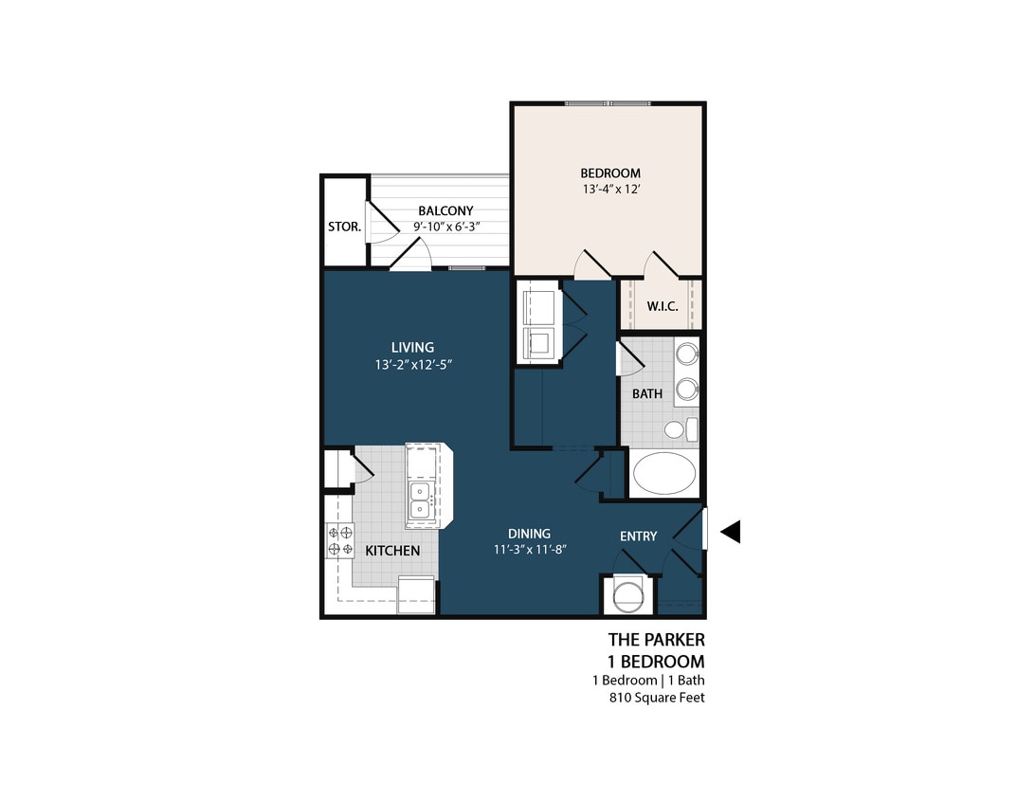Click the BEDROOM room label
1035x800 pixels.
pos(610,173)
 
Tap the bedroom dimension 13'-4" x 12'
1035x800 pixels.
pos(610,190)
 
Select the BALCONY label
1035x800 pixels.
pos(445,210)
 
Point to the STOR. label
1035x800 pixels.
pos(343,227)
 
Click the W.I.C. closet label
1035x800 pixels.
pos(661,306)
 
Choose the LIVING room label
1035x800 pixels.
pos(412,347)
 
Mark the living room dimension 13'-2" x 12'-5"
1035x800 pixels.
pos(412,364)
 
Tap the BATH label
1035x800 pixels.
pos(647,393)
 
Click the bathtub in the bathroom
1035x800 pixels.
pos(664,474)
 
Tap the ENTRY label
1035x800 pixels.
pos(638,536)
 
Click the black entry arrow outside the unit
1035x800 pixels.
pos(730,533)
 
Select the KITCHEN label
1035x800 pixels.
pos(392,551)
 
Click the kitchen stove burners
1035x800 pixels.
pos(340,541)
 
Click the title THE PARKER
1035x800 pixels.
pos(656,641)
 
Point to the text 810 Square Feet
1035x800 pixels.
pos(657,699)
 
